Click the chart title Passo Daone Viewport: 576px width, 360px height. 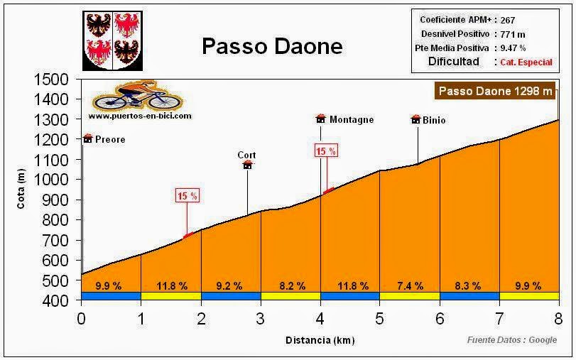(272, 46)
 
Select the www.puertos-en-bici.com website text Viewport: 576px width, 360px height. (140, 114)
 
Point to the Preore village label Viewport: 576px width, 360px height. (109, 140)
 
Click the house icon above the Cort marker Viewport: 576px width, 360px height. (247, 165)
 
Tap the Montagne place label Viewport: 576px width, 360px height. (351, 120)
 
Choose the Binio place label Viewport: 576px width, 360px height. (434, 120)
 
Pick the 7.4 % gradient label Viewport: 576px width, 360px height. (409, 286)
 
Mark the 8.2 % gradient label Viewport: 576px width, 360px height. (291, 286)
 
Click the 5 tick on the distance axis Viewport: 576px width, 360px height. (380, 317)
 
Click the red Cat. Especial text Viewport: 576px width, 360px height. (526, 62)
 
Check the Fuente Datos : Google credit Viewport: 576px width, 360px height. (511, 340)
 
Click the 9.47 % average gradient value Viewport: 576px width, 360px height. (512, 48)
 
